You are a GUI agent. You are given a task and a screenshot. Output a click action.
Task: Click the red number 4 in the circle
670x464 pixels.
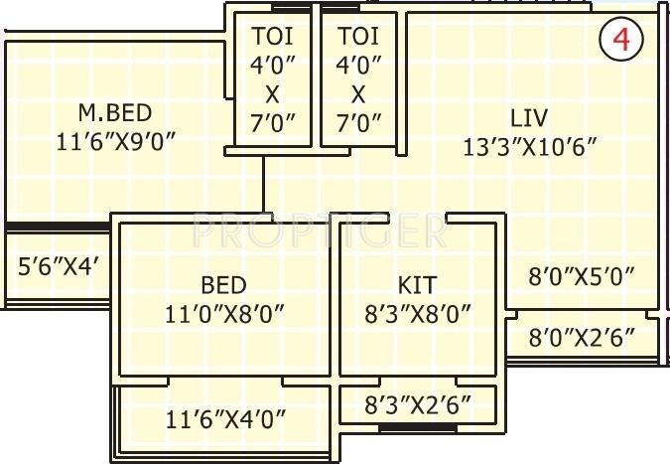click(x=621, y=40)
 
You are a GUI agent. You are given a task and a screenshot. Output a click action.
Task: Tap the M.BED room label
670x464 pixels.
click(x=115, y=113)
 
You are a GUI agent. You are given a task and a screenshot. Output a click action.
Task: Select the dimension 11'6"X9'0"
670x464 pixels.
click(x=116, y=141)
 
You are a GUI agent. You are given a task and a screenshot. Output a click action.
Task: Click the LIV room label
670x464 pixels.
click(x=529, y=117)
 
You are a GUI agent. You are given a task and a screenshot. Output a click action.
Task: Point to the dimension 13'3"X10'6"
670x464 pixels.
click(x=529, y=147)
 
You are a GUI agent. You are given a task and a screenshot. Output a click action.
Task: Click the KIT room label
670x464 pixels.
click(x=418, y=285)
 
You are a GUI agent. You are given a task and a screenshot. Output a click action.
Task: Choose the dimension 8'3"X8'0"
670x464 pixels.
click(x=418, y=315)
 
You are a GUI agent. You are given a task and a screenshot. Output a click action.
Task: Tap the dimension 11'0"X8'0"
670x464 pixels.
click(x=224, y=315)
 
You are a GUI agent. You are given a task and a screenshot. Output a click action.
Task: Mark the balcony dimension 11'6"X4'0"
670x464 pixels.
click(x=225, y=419)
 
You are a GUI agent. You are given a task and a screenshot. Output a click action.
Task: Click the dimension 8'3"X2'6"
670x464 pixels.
click(x=418, y=404)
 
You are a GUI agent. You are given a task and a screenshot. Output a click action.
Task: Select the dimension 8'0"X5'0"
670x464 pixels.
click(x=582, y=276)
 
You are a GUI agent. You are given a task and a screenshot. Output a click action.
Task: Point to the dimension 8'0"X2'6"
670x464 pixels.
click(x=582, y=337)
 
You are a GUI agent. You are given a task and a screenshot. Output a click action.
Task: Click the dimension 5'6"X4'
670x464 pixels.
click(x=59, y=267)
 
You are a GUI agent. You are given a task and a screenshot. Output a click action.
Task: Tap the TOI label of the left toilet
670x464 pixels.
click(x=273, y=36)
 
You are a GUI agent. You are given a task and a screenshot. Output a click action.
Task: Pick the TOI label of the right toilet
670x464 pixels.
click(x=358, y=36)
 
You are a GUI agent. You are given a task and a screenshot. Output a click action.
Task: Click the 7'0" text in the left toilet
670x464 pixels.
click(x=273, y=123)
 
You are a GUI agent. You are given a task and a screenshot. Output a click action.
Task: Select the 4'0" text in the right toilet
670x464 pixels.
click(x=358, y=65)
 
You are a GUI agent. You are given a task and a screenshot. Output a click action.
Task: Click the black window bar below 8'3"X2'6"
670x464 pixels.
click(x=418, y=428)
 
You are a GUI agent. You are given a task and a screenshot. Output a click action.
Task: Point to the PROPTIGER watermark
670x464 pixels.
click(x=320, y=231)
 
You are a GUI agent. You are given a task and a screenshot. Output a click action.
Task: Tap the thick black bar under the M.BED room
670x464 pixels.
click(x=58, y=227)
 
